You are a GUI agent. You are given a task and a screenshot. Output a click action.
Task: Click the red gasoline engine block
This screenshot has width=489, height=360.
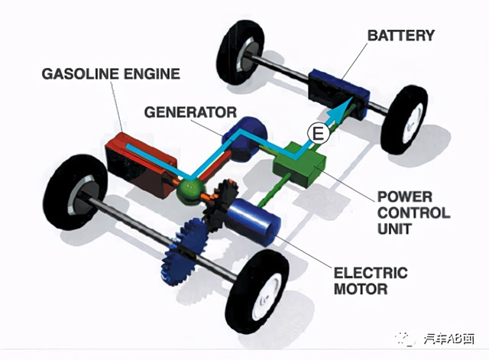138,159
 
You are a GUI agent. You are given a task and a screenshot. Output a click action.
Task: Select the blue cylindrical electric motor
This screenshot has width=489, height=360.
257,222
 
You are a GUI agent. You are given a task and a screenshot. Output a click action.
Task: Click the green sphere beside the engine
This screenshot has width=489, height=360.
186,192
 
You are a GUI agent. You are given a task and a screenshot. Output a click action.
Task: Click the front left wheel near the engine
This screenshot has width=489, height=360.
80,188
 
